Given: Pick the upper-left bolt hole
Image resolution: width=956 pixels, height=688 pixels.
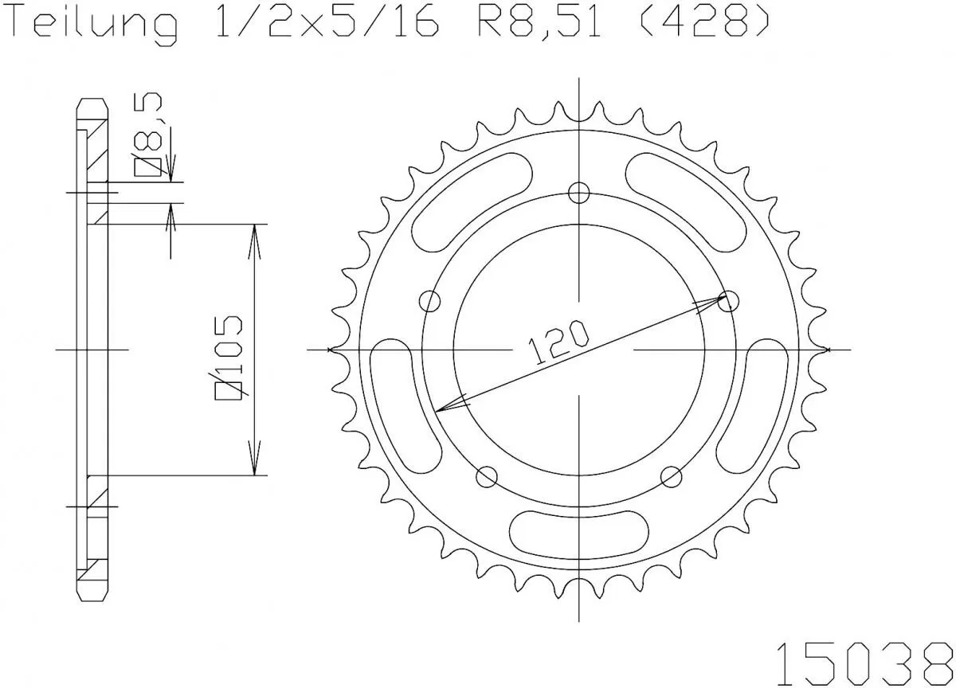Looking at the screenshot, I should [x=430, y=301].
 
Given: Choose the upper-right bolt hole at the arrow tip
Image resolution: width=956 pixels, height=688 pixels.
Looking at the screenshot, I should [x=728, y=301].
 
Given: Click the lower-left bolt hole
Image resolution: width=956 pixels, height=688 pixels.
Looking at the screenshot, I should [x=486, y=476].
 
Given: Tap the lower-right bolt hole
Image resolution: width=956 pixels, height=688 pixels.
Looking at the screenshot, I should [x=672, y=476].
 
